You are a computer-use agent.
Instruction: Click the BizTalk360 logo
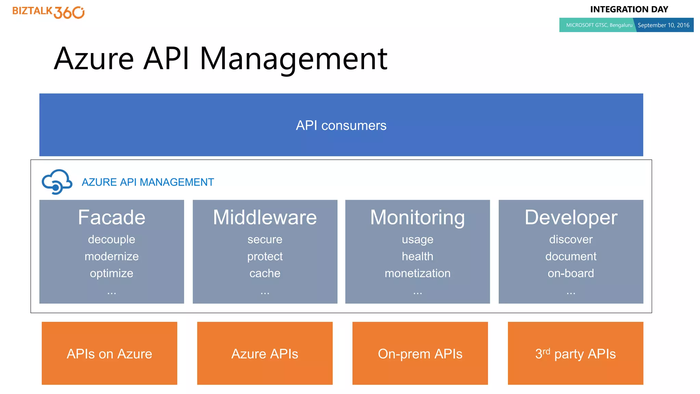(x=49, y=12)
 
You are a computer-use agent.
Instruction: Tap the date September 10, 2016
(x=663, y=25)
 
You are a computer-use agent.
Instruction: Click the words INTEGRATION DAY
(x=629, y=9)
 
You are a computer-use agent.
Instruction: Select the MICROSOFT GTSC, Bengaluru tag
(x=599, y=25)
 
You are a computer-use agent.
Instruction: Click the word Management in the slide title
(x=293, y=59)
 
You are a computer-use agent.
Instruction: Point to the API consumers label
(x=341, y=126)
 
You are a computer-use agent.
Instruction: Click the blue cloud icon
(x=57, y=182)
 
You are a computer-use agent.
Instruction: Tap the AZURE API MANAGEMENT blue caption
(x=148, y=182)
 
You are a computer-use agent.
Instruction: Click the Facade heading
(x=111, y=218)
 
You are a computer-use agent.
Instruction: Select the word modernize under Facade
(x=111, y=256)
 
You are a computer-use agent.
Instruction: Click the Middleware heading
(x=265, y=218)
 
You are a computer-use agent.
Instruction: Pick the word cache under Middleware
(x=265, y=273)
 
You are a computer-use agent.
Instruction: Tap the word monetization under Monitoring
(x=417, y=273)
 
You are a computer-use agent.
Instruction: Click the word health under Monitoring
(x=417, y=256)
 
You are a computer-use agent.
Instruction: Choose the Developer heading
(x=571, y=218)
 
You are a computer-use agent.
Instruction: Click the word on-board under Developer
(x=571, y=273)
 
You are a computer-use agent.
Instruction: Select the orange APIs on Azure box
(x=109, y=353)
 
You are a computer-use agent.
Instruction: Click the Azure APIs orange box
(x=265, y=353)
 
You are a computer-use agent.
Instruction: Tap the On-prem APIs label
(x=420, y=354)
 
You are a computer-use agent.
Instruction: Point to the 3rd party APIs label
(x=576, y=354)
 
